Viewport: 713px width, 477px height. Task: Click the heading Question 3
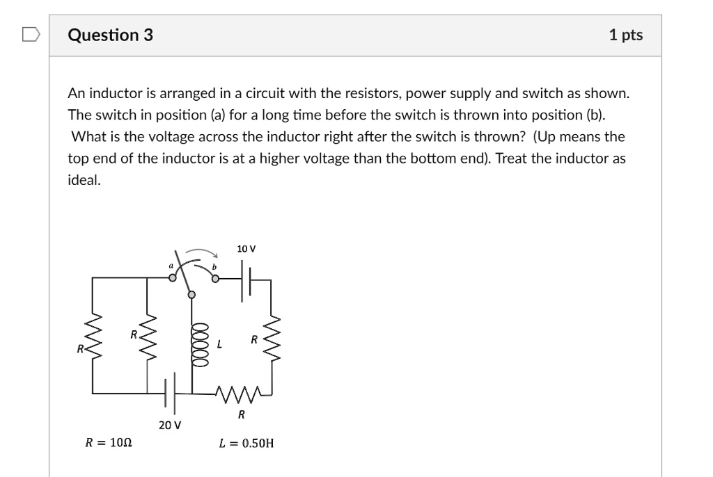111,35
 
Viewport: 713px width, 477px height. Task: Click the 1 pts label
625,35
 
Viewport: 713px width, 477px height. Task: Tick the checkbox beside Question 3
31,34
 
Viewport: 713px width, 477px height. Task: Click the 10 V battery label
246,248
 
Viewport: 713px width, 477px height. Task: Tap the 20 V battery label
169,424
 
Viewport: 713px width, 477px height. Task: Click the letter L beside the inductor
220,344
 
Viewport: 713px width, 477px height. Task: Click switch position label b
214,266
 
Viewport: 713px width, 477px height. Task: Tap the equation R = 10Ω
109,442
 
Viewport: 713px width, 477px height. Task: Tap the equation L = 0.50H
246,442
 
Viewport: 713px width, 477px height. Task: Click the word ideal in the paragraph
84,179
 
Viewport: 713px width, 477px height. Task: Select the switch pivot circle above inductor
192,296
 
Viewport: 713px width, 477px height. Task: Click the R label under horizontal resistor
241,415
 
